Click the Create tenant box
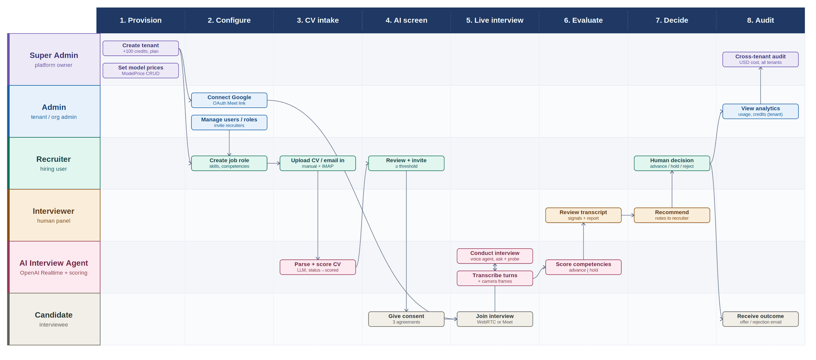tap(141, 48)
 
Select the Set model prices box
tap(141, 71)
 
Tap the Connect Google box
tap(229, 100)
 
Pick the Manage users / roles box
tap(229, 122)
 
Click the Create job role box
tap(229, 163)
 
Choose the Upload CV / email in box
tap(318, 163)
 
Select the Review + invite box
tap(406, 163)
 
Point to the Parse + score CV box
tap(318, 267)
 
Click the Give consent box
tap(406, 319)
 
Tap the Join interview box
tap(495, 319)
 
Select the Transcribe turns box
tap(495, 278)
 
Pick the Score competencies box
tap(584, 267)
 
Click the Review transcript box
tap(584, 215)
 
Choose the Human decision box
tap(672, 163)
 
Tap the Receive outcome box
tap(760, 319)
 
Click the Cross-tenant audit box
tap(760, 60)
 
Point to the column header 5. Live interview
tap(495, 20)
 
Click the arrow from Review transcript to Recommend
tap(628, 215)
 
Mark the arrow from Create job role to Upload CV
tap(274, 163)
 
